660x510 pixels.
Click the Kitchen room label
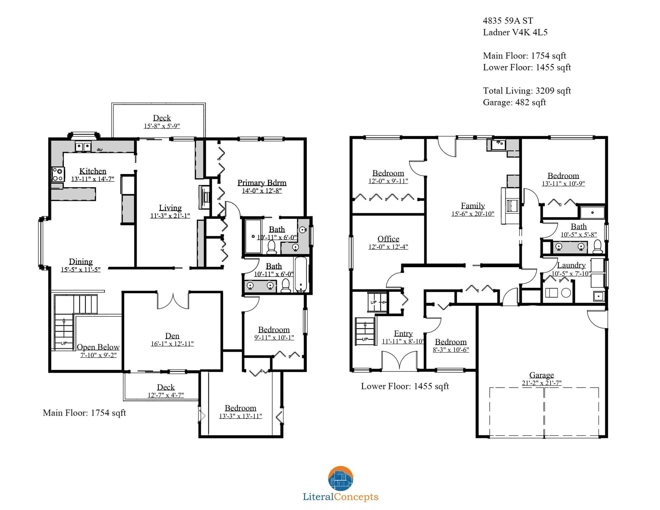click(x=93, y=171)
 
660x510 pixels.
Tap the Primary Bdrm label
click(x=262, y=183)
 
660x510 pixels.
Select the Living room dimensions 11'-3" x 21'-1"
click(x=170, y=216)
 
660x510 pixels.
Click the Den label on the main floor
click(x=172, y=336)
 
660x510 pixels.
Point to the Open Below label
click(x=98, y=347)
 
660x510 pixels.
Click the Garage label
click(x=542, y=375)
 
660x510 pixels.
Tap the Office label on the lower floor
click(x=388, y=239)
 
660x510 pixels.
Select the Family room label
click(x=473, y=206)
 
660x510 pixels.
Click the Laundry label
click(x=571, y=265)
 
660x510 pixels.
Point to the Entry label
click(x=403, y=333)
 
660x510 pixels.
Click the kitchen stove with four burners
click(x=58, y=174)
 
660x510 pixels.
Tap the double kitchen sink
click(x=83, y=147)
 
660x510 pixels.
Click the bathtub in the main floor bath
click(x=301, y=275)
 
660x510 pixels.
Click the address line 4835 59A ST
click(x=508, y=21)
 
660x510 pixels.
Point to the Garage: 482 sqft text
click(x=514, y=102)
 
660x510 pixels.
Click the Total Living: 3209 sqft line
click(x=527, y=90)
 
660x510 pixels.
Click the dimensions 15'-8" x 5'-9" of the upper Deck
click(x=162, y=126)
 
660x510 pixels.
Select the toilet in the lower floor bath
click(x=597, y=247)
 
